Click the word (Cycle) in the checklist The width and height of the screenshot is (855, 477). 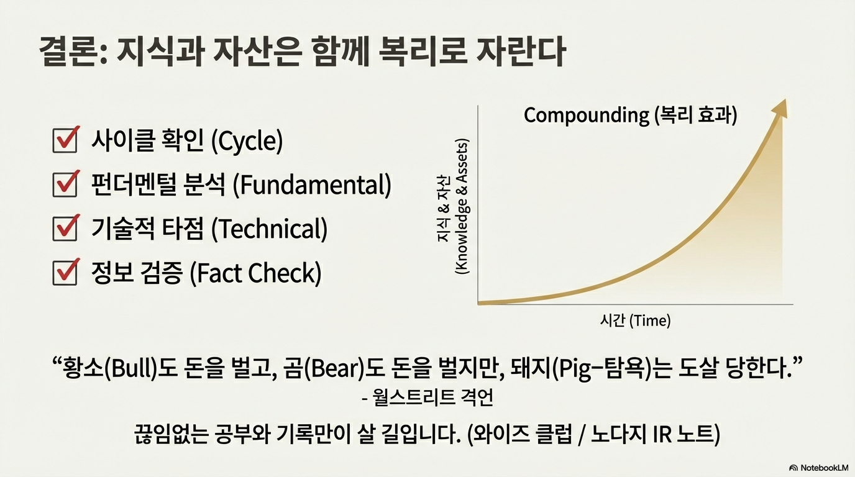coord(247,141)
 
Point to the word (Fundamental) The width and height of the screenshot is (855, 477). coord(312,185)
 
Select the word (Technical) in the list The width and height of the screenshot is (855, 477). coord(269,229)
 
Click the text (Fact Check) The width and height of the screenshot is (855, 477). coord(255,273)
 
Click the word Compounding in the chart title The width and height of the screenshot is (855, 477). coord(586,116)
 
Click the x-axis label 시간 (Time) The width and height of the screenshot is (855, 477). coord(635,320)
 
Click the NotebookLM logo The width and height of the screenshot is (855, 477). coord(819,468)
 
